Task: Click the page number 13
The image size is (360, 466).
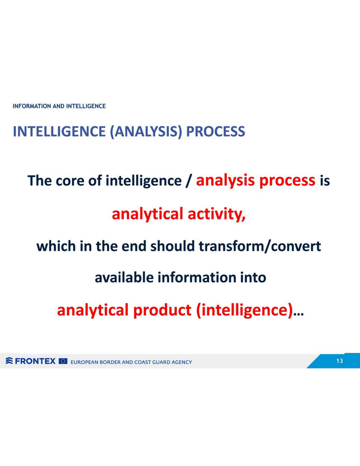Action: click(339, 361)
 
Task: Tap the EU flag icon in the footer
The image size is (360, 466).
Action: click(63, 361)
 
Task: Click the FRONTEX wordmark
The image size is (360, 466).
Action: click(35, 361)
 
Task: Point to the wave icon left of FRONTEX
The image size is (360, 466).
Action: click(9, 361)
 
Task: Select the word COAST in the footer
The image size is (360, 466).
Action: click(143, 362)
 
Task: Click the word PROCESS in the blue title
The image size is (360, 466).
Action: click(215, 131)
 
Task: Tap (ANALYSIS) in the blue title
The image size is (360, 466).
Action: click(146, 132)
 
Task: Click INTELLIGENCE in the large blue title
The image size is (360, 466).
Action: click(59, 131)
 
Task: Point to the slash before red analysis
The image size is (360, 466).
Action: click(188, 181)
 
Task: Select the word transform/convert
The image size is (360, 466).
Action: click(260, 246)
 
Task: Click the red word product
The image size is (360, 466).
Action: click(162, 311)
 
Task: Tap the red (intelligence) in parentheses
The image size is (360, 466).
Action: click(244, 311)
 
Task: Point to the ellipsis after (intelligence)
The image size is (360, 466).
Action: click(298, 314)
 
